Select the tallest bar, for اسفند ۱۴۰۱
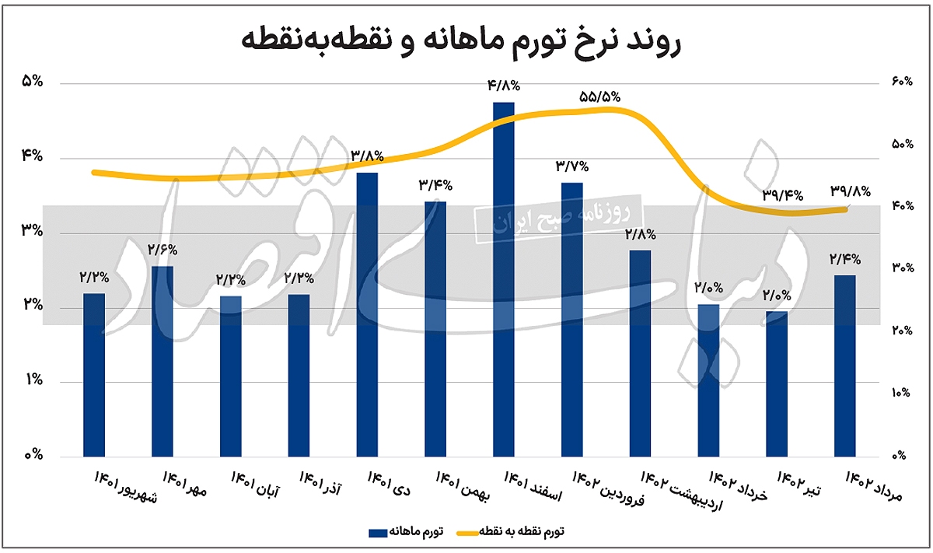click(503, 280)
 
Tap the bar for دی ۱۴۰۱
click(367, 315)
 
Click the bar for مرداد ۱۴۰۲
click(844, 366)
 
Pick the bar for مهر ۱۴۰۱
click(162, 362)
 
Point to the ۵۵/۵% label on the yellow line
click(599, 96)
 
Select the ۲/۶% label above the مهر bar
click(162, 250)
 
